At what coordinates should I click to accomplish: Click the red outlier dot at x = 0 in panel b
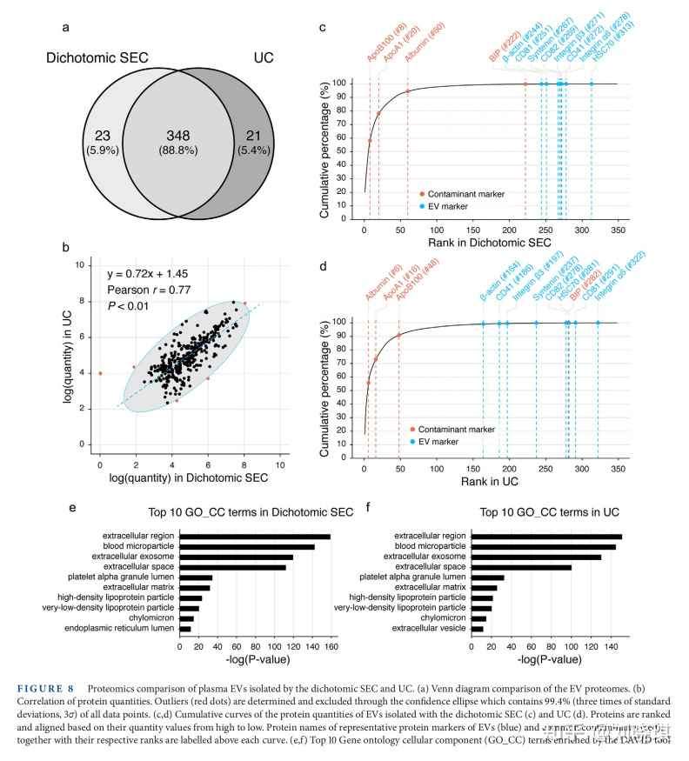click(x=100, y=373)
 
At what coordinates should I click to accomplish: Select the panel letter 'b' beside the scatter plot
click(x=65, y=247)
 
